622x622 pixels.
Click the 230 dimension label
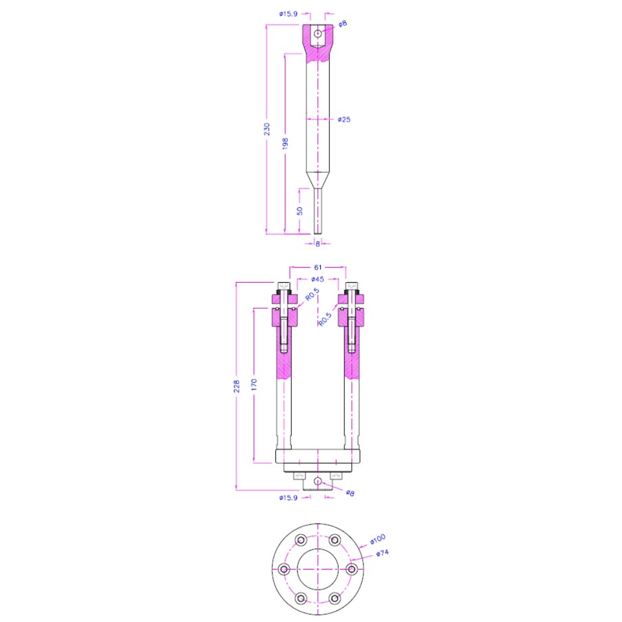(267, 129)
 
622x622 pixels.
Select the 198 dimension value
(285, 144)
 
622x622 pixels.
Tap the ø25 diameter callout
(344, 119)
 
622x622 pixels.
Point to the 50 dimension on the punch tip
(299, 210)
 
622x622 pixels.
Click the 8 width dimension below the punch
(317, 244)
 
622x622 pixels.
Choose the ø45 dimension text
(317, 279)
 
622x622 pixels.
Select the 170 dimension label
(255, 385)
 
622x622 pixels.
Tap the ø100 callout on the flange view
(377, 539)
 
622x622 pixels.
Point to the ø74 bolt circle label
(383, 553)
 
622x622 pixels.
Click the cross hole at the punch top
(317, 33)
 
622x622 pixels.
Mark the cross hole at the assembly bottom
(317, 480)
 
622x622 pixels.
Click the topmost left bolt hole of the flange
(300, 540)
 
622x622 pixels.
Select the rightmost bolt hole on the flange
(351, 570)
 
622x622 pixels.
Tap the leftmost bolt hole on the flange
(283, 570)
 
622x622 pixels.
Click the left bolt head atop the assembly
(283, 287)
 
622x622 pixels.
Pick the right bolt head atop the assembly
(352, 287)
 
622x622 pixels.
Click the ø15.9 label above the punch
(288, 13)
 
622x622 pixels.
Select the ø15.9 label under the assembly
(288, 497)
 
